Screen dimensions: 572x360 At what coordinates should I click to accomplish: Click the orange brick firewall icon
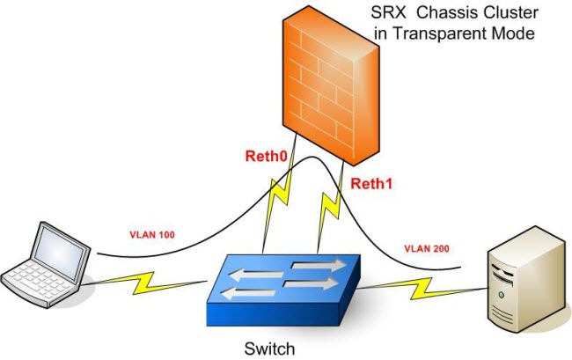[x=331, y=85]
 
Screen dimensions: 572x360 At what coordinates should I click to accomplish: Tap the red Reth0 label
[x=267, y=156]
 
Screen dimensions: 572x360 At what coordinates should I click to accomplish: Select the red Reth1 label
[x=371, y=183]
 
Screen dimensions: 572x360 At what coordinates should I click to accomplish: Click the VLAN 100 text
[x=152, y=234]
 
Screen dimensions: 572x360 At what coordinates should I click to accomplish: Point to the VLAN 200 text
[x=427, y=249]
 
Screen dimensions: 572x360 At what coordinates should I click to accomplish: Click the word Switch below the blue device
[x=269, y=349]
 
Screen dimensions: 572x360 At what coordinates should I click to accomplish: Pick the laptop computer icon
[x=46, y=264]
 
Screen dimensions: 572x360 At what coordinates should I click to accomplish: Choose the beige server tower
[x=529, y=279]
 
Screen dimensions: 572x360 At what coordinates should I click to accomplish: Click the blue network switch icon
[x=283, y=290]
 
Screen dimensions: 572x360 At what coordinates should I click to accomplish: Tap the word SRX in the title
[x=388, y=13]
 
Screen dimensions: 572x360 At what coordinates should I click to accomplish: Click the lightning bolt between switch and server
[x=422, y=288]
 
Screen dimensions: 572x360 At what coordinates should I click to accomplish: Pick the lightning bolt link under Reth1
[x=331, y=207]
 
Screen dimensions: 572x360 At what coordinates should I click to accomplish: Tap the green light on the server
[x=502, y=295]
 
